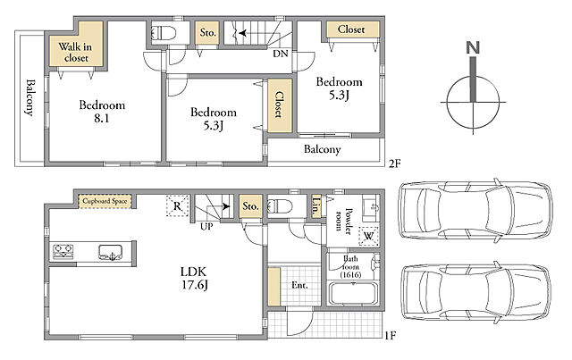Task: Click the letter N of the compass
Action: coord(473,47)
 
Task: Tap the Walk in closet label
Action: coord(75,53)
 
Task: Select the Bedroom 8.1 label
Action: coord(102,112)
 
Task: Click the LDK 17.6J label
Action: coord(195,278)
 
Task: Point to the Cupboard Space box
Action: coord(105,201)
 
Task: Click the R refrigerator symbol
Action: coord(177,206)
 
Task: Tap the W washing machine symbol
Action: coord(368,236)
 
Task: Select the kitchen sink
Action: coord(111,252)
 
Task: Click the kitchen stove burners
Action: coord(63,252)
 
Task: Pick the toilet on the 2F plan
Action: coord(163,33)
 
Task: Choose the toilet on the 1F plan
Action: coord(280,207)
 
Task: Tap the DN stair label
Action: coord(281,54)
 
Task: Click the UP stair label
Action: coord(206,227)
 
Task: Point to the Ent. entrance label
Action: coord(299,285)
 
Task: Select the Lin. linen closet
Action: coord(316,207)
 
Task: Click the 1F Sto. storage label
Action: coord(250,206)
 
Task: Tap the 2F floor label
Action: coord(394,163)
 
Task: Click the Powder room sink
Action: coord(372,207)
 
